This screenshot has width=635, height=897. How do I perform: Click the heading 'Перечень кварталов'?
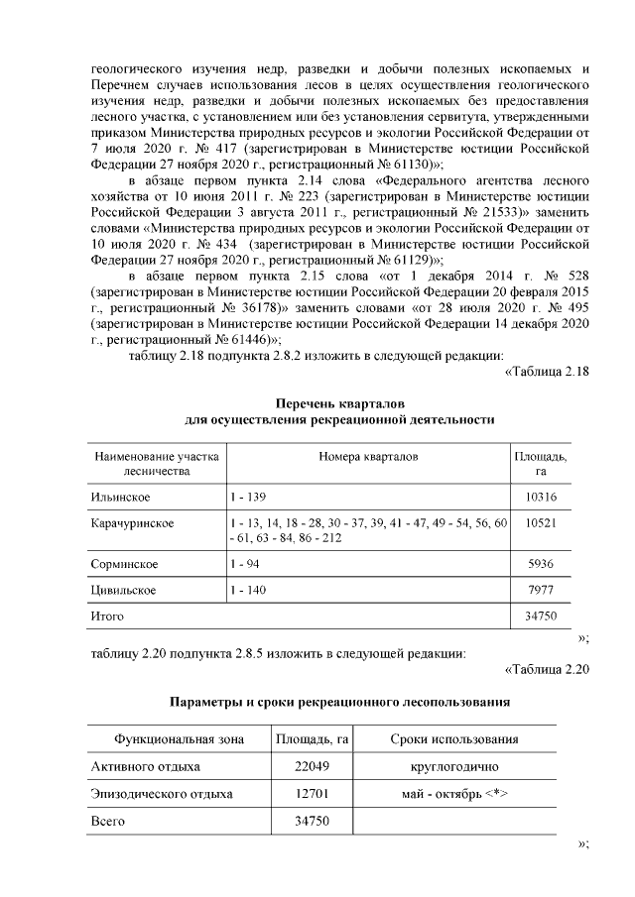(340, 401)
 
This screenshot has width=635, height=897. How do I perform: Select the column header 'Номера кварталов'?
(368, 456)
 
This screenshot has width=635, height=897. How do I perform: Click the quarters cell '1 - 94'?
(241, 564)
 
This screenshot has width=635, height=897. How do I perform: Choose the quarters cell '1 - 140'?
(245, 591)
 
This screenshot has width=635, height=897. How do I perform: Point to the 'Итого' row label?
(107, 617)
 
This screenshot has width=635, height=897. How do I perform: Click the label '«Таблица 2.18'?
(548, 373)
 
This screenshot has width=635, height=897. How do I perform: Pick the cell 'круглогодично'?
(454, 767)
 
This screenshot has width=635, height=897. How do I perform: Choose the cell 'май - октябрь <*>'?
(454, 794)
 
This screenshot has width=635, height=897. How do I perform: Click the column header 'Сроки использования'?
(454, 740)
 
